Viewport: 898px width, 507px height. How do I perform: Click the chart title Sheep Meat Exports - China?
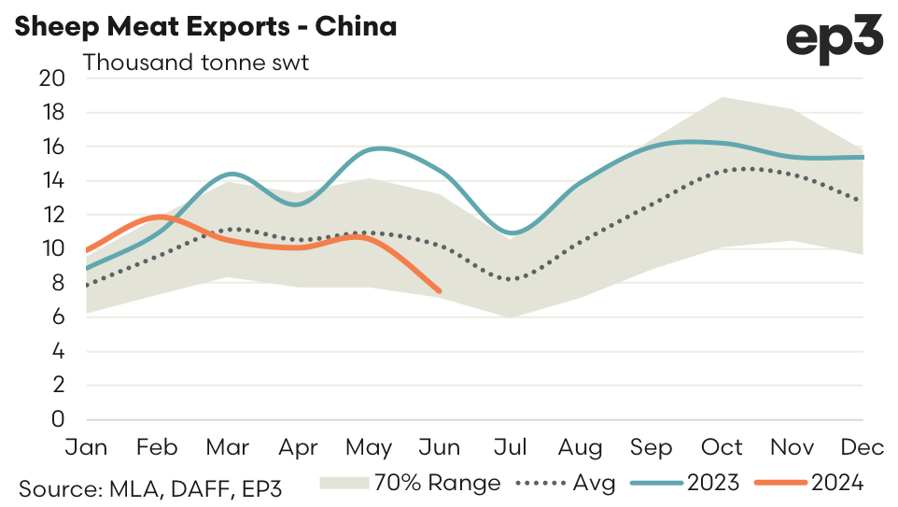(x=205, y=26)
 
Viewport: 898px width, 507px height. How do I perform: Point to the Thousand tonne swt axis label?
(x=196, y=63)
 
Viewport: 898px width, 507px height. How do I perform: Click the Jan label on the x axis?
(x=85, y=448)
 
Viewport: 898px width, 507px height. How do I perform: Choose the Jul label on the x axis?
(x=510, y=448)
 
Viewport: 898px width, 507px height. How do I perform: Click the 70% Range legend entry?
(x=411, y=483)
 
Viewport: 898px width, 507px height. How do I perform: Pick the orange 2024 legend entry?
(x=811, y=483)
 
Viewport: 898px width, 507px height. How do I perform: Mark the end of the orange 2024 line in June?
(x=440, y=291)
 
